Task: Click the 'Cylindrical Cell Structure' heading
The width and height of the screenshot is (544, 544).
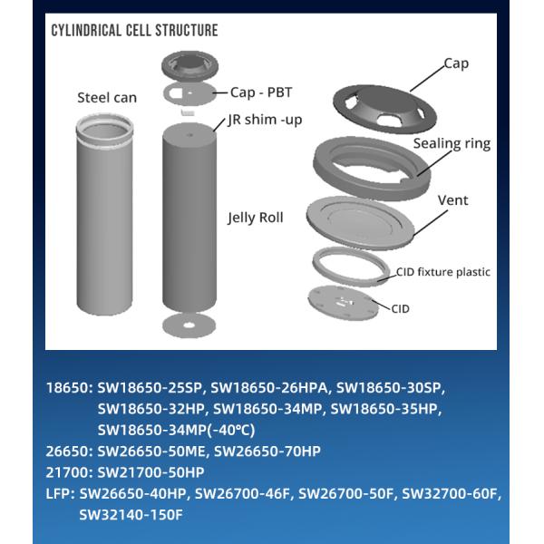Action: (x=134, y=30)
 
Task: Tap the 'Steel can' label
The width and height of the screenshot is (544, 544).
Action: (x=107, y=98)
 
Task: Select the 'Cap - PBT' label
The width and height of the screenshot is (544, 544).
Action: (x=261, y=92)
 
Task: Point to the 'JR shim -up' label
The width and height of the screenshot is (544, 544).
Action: (x=265, y=120)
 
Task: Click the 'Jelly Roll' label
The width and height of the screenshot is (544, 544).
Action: (x=256, y=218)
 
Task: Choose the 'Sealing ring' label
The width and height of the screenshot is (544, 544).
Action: (x=452, y=143)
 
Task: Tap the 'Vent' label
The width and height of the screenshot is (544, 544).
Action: (x=452, y=200)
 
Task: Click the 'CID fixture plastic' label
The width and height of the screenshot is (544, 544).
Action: (x=443, y=272)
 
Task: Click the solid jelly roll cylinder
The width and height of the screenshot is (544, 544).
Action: (x=189, y=219)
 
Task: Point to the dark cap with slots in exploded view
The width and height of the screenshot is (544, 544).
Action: (x=384, y=108)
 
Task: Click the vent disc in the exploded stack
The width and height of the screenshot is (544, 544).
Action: (x=360, y=222)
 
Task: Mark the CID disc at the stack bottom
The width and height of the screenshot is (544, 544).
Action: (x=344, y=303)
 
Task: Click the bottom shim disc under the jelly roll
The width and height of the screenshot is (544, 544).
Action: (x=189, y=325)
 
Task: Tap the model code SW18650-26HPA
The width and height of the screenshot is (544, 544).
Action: (x=269, y=388)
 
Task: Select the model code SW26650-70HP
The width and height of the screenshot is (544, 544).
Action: (x=267, y=452)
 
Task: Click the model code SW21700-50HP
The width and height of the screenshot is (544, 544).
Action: (x=151, y=472)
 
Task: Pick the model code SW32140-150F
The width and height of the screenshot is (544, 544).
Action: (x=131, y=515)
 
